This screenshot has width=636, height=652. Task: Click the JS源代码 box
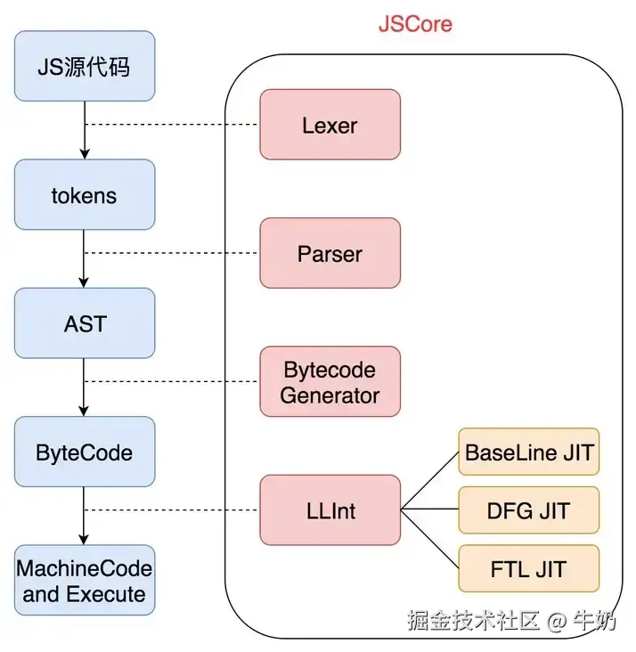point(85,66)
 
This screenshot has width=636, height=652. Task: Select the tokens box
point(85,195)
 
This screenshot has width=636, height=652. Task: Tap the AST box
point(85,323)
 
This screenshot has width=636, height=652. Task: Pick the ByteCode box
point(85,452)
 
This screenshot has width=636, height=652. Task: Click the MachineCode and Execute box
point(85,580)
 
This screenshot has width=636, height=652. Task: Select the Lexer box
point(330,125)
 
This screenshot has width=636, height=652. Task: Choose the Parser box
point(330,254)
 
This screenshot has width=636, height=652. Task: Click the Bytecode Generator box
point(330,382)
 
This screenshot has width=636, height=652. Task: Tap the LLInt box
point(330,510)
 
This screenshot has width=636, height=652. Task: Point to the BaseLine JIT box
point(529,452)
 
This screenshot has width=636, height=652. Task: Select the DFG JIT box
point(529,510)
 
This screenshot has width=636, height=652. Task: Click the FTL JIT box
point(529,568)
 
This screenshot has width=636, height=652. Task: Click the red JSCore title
point(415,23)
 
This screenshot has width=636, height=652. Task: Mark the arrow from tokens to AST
point(85,259)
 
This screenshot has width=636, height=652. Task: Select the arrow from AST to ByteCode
point(85,387)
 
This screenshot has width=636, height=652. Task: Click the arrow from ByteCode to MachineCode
point(85,516)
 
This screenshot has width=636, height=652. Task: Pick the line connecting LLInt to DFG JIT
point(429,510)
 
